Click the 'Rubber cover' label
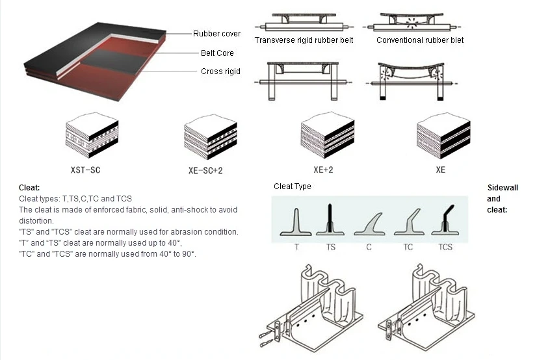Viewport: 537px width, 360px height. coord(216,34)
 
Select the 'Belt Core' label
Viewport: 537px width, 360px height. coord(217,53)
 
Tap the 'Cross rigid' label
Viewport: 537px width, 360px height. coord(220,71)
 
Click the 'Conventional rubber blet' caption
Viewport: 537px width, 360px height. coord(420,40)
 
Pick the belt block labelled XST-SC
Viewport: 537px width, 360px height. coord(92,138)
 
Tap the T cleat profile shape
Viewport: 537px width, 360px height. coord(296,221)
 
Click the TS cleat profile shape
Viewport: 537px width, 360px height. coord(330,221)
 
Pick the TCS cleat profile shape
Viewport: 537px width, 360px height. coord(445,221)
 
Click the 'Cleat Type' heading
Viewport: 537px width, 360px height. coord(293,186)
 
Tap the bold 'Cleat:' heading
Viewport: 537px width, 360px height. coord(29,188)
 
